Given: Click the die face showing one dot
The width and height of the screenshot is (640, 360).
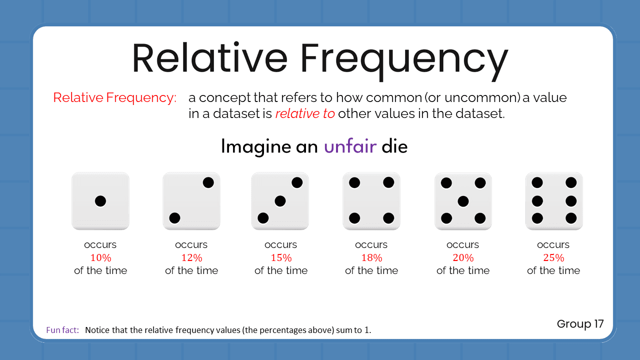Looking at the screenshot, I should point(100,201).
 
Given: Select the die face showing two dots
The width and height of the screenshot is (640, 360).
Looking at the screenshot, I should point(191,201).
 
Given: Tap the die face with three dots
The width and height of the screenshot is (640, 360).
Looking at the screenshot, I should point(280,201).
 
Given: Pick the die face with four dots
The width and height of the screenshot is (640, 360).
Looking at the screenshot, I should point(371,201).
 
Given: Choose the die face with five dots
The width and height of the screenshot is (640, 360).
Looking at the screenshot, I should point(463,201).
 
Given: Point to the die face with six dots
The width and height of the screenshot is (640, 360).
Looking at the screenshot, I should point(554,201).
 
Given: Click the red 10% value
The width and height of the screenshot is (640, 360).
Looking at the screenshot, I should point(100,258).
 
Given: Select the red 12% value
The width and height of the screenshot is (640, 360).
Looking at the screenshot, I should point(191,258).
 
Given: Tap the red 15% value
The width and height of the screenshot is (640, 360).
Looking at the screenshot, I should point(281,258).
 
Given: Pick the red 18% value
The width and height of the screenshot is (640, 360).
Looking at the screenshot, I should point(371,258).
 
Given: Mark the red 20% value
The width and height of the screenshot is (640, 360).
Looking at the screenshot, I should point(463,258).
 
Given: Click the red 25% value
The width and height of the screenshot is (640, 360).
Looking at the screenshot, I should point(553,258).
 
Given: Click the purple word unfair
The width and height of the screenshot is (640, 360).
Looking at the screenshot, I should point(350,147).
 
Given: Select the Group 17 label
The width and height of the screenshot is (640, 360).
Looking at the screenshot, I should point(580,324).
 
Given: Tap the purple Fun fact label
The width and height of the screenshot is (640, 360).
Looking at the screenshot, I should point(62,330).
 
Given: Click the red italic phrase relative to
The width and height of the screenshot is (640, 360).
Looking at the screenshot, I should point(305,113).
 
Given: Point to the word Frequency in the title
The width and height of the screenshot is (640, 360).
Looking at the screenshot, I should point(405,59).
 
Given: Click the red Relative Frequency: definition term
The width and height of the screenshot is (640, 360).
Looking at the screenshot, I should point(115,97).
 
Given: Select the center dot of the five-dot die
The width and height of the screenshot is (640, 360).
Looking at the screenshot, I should point(463,201).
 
